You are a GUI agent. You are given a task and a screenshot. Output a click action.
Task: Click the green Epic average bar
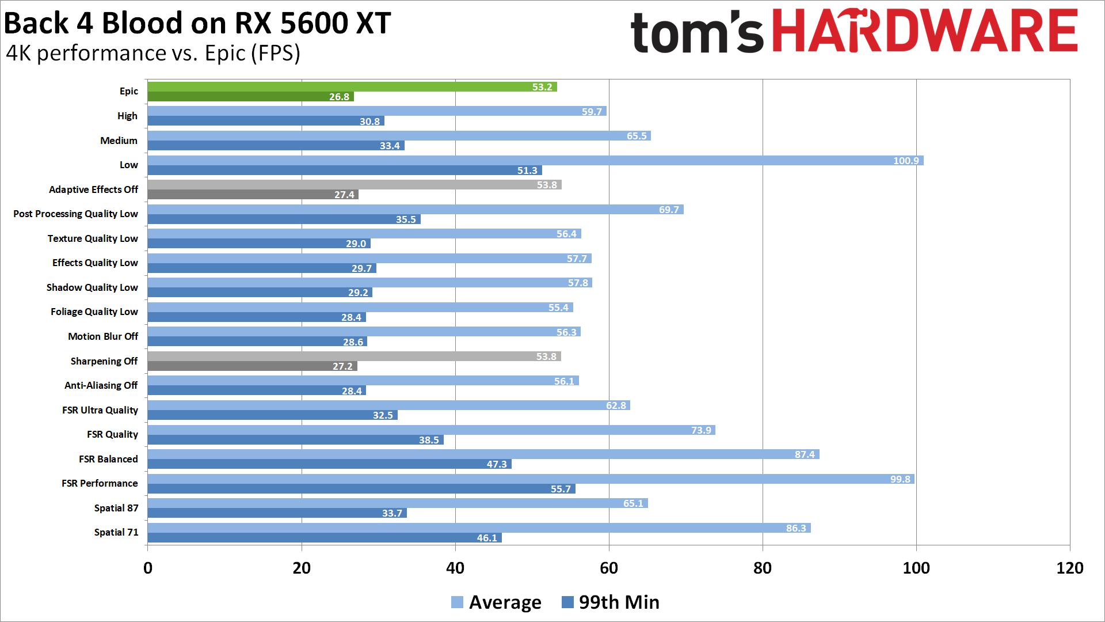pyautogui.click(x=351, y=87)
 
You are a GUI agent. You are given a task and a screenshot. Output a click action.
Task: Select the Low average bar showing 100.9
pyautogui.click(x=535, y=161)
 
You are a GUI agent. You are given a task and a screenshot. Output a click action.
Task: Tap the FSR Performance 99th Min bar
pyautogui.click(x=361, y=489)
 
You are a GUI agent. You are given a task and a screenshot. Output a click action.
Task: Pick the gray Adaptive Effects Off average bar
pyautogui.click(x=354, y=185)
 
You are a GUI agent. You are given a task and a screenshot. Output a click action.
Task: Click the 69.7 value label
pyautogui.click(x=669, y=210)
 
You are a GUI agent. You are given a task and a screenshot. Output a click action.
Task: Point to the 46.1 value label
pyautogui.click(x=487, y=538)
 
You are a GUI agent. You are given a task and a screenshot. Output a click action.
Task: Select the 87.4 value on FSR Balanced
pyautogui.click(x=805, y=454)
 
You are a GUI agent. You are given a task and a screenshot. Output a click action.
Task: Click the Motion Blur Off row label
pyautogui.click(x=103, y=336)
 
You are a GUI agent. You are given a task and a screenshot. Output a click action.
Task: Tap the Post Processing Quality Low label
pyautogui.click(x=75, y=214)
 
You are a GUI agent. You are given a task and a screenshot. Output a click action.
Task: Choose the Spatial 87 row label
pyautogui.click(x=116, y=508)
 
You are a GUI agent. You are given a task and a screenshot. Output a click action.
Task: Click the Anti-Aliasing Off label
pyautogui.click(x=101, y=385)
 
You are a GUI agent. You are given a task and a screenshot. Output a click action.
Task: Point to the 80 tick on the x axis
pyautogui.click(x=762, y=568)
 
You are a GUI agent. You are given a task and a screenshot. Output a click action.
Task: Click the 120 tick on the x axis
pyautogui.click(x=1069, y=568)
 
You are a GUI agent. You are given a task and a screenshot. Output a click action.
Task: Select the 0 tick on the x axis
pyautogui.click(x=148, y=568)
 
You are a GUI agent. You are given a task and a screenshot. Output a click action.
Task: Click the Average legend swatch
pyautogui.click(x=457, y=602)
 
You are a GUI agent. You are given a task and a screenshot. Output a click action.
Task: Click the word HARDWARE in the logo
pyautogui.click(x=924, y=32)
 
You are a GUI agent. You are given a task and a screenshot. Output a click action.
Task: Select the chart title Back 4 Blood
pyautogui.click(x=197, y=24)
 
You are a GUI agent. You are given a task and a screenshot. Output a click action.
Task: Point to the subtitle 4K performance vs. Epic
pyautogui.click(x=153, y=53)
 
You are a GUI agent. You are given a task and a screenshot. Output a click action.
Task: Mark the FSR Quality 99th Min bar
pyautogui.click(x=295, y=440)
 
